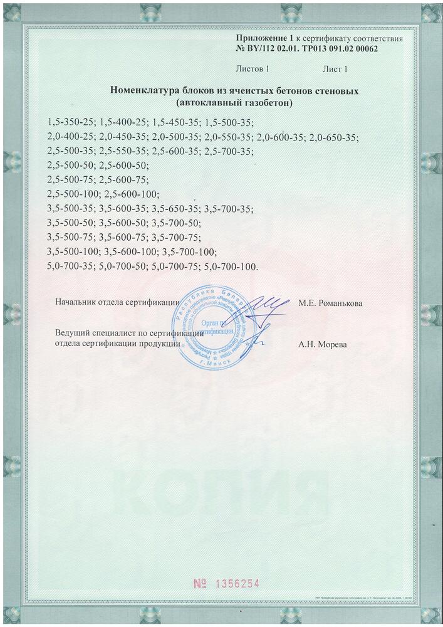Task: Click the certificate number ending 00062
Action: click(x=306, y=49)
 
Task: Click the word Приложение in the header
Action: click(x=257, y=39)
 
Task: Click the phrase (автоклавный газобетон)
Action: click(x=235, y=102)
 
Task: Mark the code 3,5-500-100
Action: click(x=74, y=252)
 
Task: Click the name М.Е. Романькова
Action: click(x=330, y=304)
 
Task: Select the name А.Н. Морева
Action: click(x=322, y=344)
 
